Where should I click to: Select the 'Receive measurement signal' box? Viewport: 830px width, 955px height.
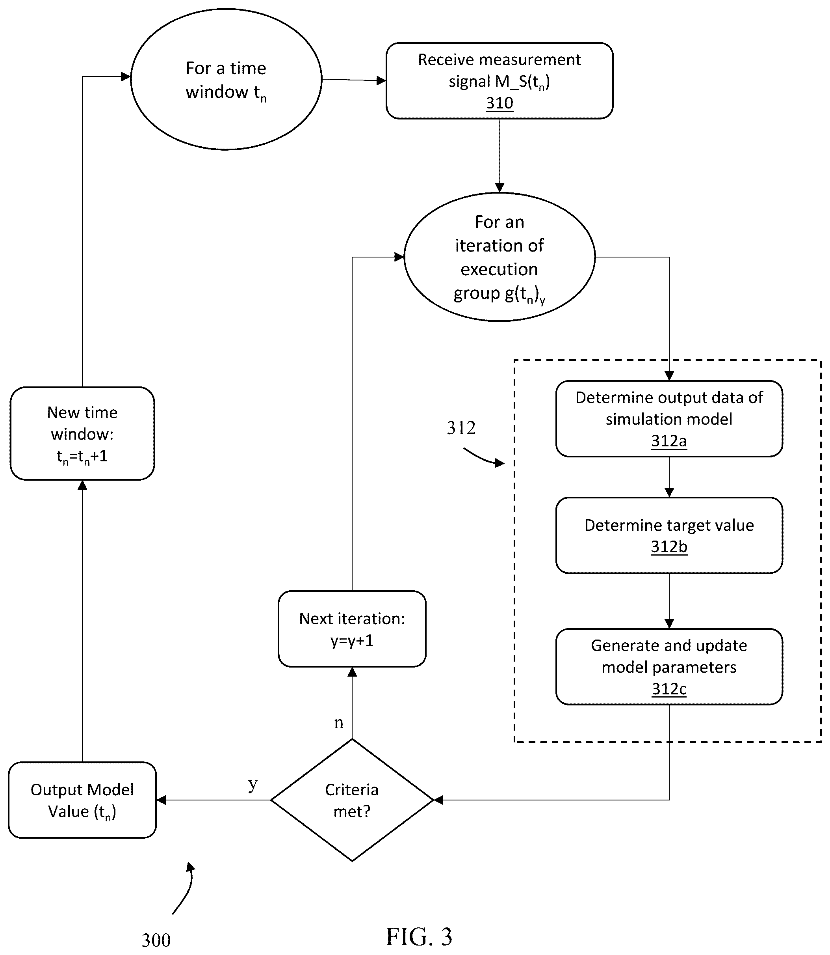click(x=499, y=81)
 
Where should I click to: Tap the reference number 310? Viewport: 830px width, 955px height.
click(x=499, y=103)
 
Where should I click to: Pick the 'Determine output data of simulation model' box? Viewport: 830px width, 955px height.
click(x=669, y=419)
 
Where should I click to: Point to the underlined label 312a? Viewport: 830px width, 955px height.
click(x=669, y=441)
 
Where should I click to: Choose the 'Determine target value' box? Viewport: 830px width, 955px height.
click(x=669, y=535)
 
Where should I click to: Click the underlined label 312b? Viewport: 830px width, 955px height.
click(x=669, y=547)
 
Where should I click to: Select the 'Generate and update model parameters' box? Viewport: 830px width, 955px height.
click(x=669, y=667)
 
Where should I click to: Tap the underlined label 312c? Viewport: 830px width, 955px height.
click(x=669, y=689)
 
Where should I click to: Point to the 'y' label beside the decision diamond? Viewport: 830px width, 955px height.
click(x=253, y=784)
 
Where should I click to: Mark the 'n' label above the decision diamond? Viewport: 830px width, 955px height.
click(x=339, y=723)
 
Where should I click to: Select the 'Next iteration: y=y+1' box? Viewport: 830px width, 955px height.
click(x=352, y=629)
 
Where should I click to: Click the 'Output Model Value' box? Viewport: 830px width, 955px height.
click(x=82, y=800)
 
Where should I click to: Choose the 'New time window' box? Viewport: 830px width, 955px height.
click(x=82, y=433)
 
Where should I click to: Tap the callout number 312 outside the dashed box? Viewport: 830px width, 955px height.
click(x=461, y=427)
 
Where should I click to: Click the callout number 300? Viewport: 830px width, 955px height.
click(x=156, y=940)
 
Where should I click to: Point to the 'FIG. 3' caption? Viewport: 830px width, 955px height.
click(x=419, y=936)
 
